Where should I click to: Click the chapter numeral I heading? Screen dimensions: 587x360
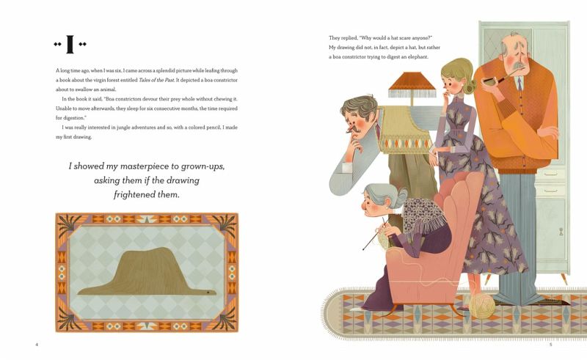coord(70,44)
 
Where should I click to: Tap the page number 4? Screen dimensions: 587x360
coord(37,345)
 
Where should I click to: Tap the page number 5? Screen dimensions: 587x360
coord(551,345)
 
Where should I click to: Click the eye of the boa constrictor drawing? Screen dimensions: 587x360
coord(208,292)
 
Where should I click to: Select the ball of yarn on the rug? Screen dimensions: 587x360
coord(482,305)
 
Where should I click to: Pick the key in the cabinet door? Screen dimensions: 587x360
coord(561,232)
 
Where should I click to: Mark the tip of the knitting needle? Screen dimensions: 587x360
coord(362,249)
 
